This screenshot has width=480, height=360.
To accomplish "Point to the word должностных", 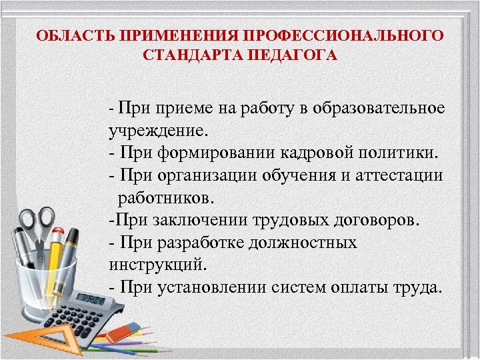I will click(303, 243).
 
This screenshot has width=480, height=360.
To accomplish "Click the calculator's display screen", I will click(91, 299).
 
